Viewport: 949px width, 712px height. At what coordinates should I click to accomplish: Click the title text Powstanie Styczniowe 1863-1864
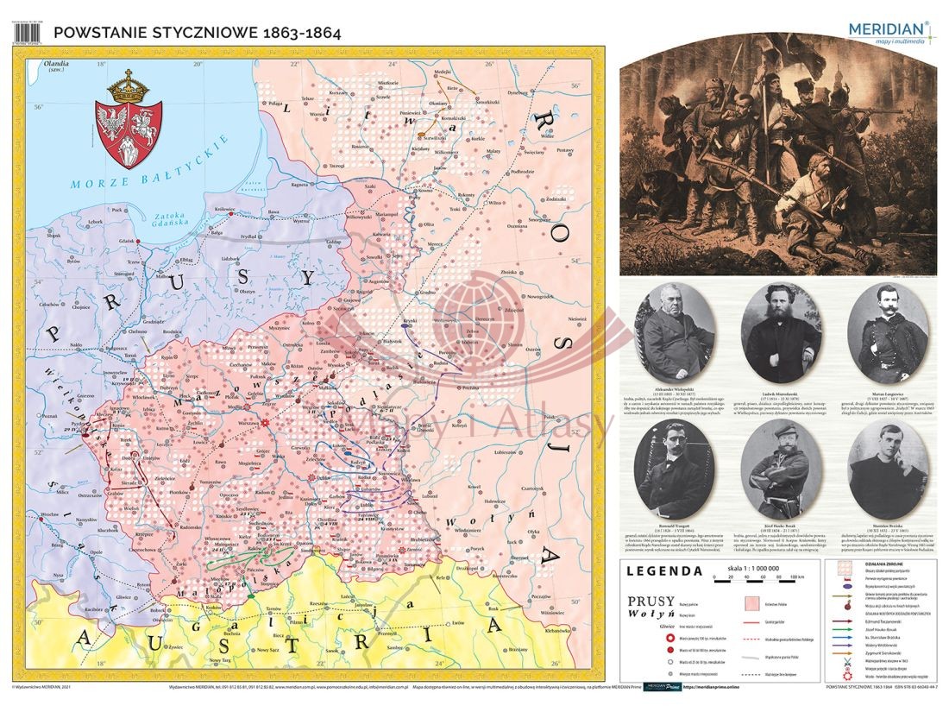click(197, 33)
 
